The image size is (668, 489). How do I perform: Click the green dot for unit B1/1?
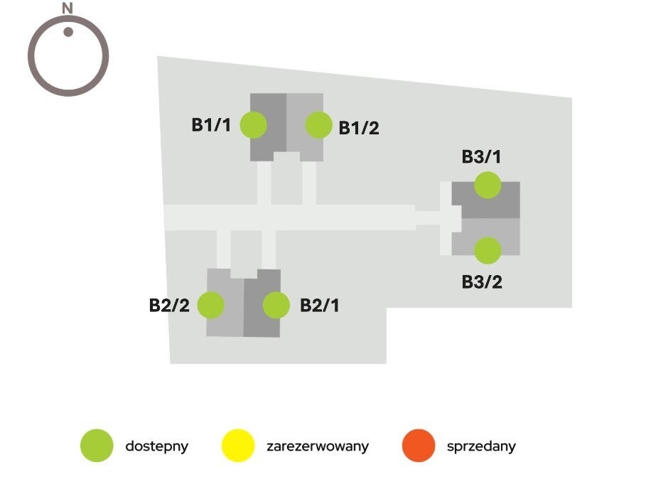254,125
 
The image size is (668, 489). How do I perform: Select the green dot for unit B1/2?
319,125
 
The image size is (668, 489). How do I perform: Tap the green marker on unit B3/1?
487,185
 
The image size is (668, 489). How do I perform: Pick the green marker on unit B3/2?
487,250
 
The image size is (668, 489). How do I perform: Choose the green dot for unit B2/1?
276,306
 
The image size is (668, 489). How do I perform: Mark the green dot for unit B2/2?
211,306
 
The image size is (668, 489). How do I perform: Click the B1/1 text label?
211,125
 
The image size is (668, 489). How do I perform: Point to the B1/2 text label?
359,129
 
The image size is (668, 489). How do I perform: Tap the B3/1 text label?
482,157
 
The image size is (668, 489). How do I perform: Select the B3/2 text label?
482,282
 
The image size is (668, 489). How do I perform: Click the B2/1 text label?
320,306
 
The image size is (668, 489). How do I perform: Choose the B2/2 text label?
169,306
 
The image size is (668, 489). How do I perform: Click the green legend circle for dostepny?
97,446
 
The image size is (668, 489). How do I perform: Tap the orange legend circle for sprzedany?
419,446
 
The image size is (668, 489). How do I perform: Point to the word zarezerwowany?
318,447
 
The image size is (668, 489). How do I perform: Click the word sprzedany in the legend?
481,447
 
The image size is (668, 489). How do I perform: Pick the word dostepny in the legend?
156,447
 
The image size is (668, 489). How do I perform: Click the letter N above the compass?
68,9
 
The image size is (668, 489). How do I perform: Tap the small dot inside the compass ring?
68,31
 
